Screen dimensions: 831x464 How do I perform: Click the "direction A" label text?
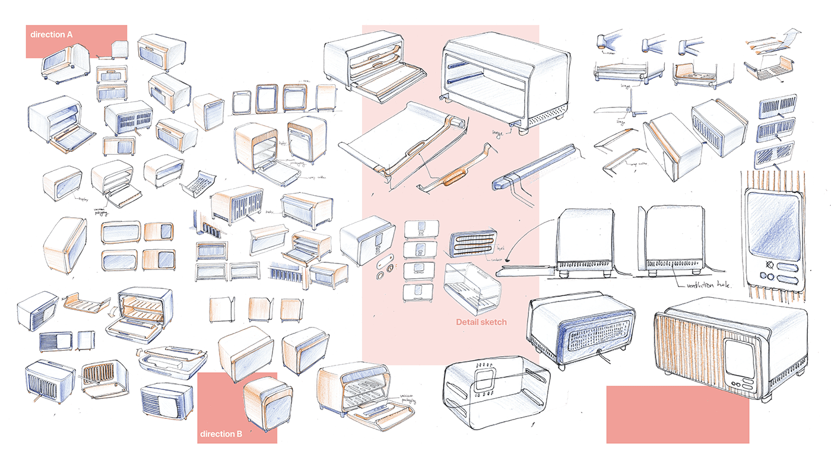(x=52, y=34)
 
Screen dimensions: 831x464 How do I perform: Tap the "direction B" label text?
(x=221, y=434)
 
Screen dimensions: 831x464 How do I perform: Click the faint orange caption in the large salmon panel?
(x=481, y=322)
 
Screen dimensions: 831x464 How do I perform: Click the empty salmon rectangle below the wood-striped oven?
(x=677, y=414)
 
